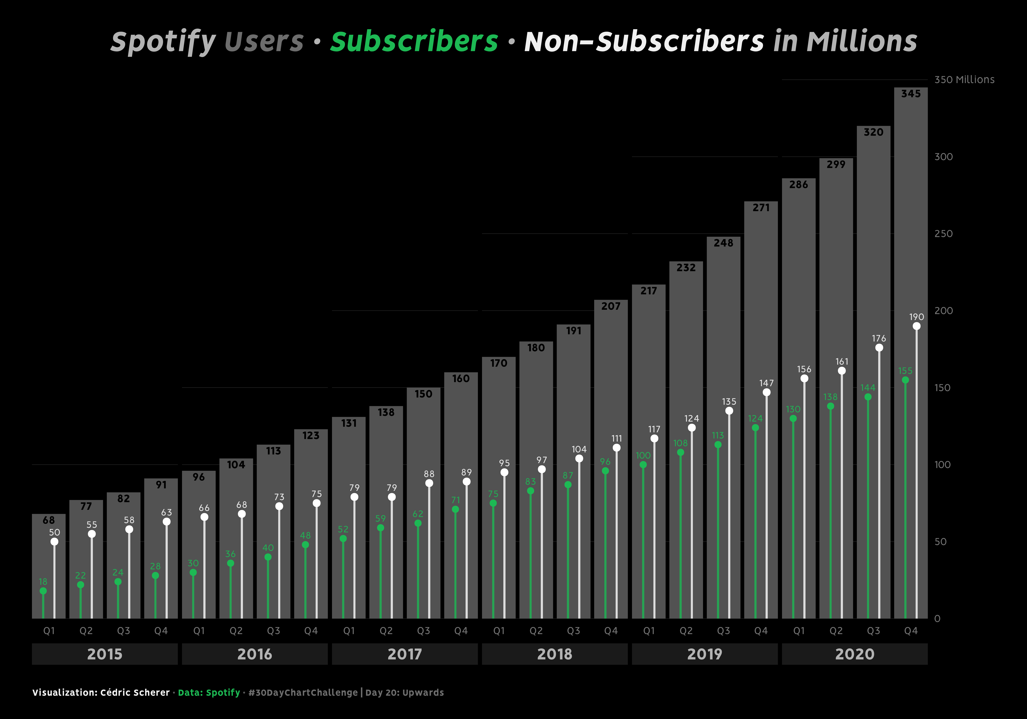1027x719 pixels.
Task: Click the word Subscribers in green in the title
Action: point(414,42)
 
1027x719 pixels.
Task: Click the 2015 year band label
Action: point(105,654)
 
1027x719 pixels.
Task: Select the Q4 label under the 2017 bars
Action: point(461,631)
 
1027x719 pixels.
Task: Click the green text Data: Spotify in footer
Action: point(209,693)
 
